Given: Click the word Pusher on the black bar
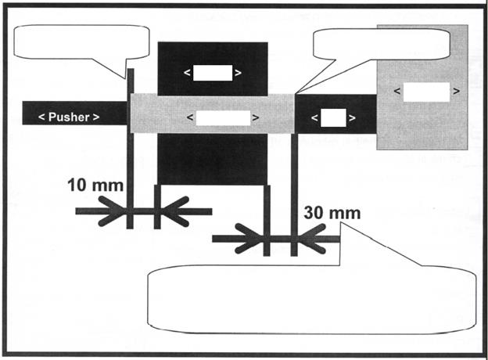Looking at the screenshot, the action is [70, 117].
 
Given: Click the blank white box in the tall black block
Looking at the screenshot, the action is [213, 73].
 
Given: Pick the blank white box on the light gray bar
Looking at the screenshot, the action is [222, 118].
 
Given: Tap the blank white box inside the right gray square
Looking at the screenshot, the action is [426, 92].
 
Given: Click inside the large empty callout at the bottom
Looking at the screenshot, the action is [313, 297].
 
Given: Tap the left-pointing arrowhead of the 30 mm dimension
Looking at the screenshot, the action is [310, 238].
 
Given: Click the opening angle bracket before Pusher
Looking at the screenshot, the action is [41, 117].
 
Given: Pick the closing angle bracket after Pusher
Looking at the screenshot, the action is [96, 117].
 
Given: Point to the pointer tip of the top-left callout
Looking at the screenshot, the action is [128, 78].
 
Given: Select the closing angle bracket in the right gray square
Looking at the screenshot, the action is [455, 92].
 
